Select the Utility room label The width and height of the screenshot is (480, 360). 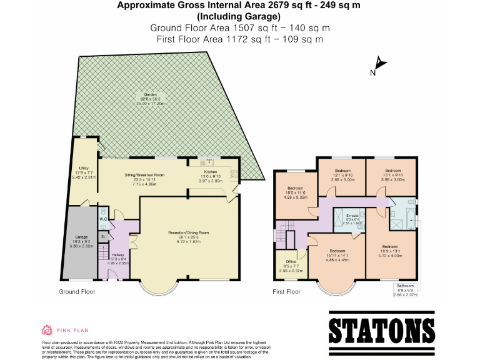[81, 173]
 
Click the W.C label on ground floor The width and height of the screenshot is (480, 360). [104, 219]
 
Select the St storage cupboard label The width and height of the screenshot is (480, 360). [103, 236]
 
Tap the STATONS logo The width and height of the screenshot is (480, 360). [381, 330]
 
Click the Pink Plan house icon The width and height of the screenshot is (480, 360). [46, 329]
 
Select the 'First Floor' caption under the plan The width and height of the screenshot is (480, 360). [287, 292]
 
